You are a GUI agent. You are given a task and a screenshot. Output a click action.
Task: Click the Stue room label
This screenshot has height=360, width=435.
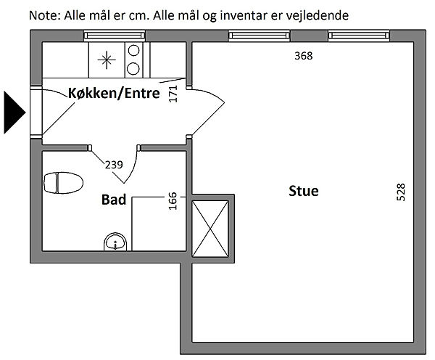pos(304,192)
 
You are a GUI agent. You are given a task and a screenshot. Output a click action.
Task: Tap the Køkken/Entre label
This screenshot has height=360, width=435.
pos(114,93)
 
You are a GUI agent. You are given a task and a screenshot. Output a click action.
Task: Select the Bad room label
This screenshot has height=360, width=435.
pos(115,199)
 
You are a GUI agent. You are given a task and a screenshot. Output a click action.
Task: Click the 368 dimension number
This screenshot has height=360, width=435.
pos(303,56)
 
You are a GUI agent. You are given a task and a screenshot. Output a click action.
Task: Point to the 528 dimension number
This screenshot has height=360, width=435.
pos(401,192)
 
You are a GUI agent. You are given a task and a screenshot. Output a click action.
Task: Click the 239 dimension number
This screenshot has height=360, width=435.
pos(114,165)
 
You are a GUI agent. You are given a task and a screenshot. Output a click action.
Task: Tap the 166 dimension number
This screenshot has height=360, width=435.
pos(173,200)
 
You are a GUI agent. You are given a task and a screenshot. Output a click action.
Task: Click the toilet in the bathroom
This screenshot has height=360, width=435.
pos(64,183)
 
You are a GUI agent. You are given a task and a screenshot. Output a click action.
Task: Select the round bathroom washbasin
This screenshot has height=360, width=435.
pos(115,242)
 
